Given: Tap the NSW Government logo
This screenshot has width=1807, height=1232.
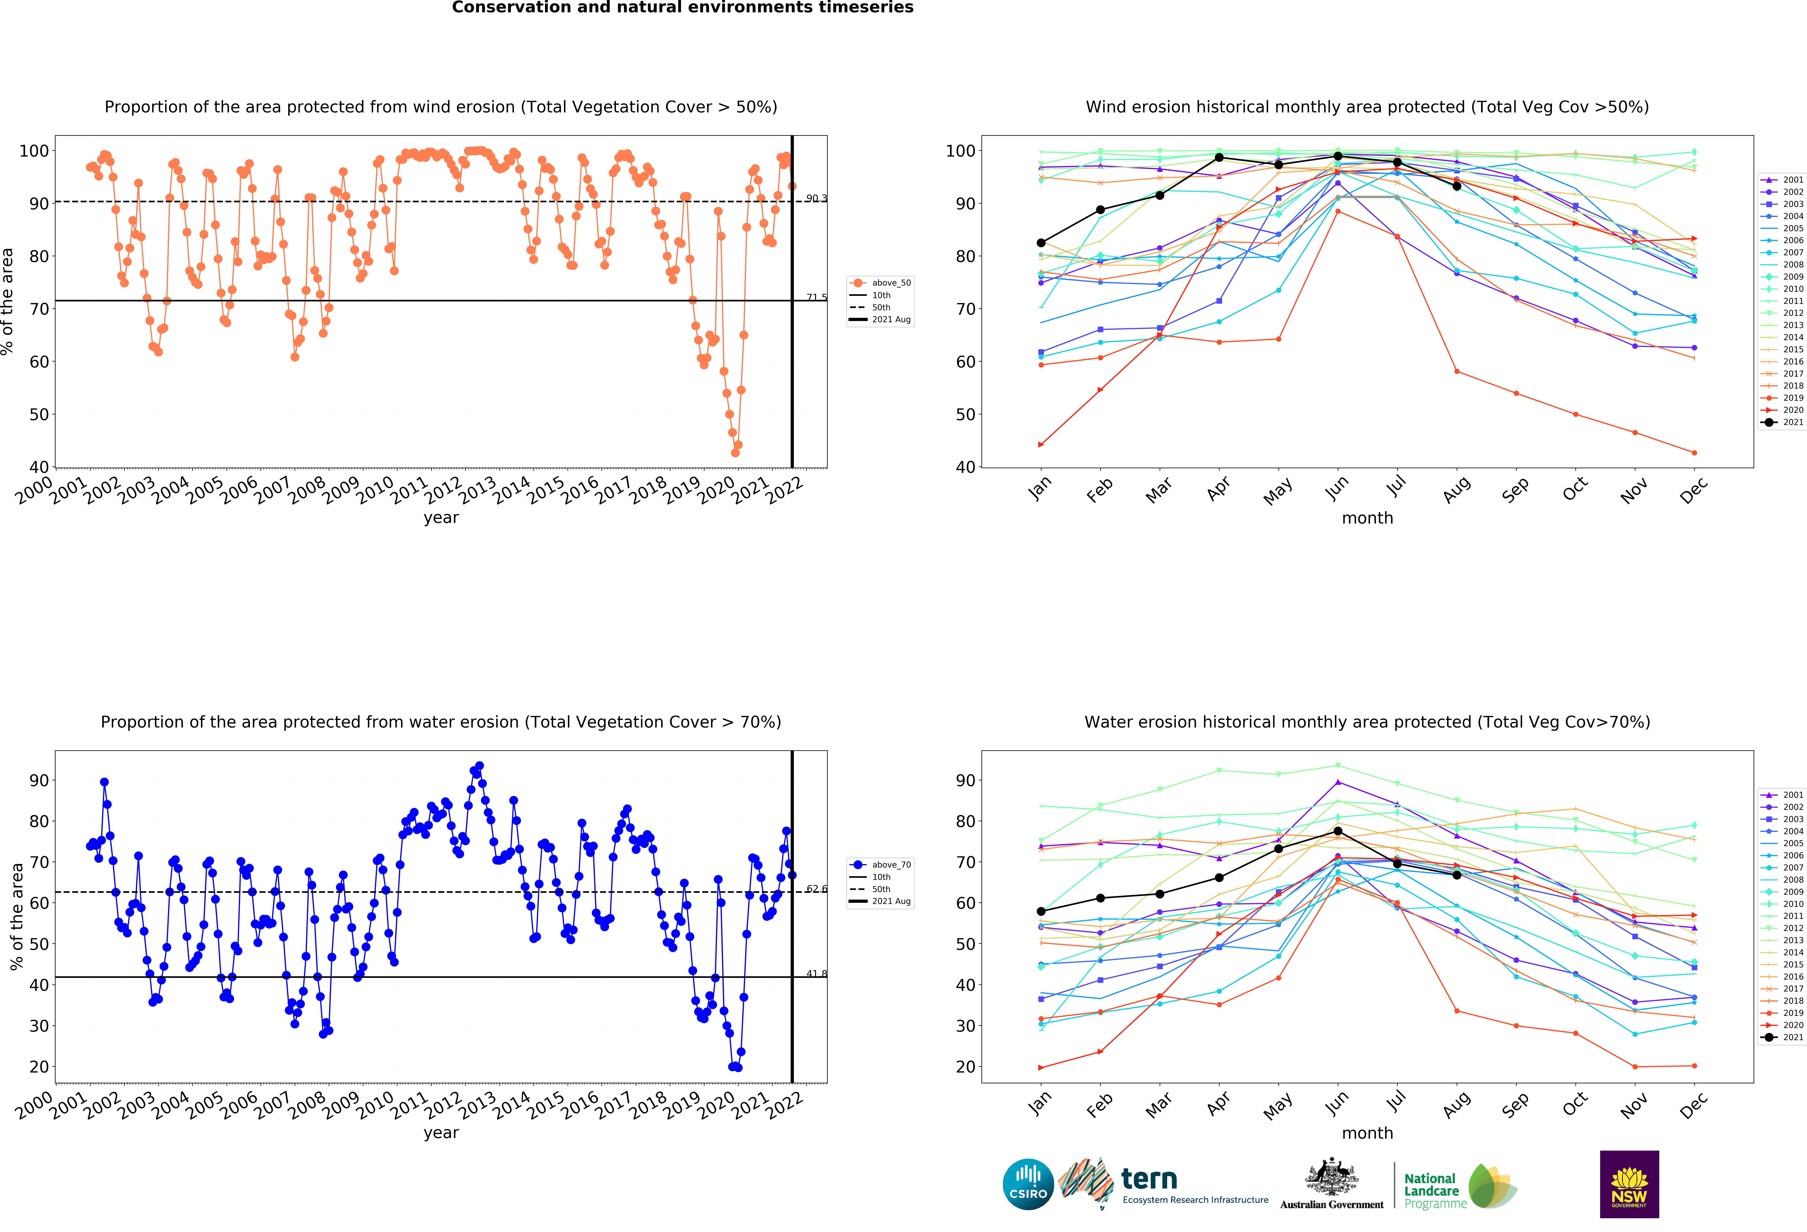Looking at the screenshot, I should tap(1629, 1184).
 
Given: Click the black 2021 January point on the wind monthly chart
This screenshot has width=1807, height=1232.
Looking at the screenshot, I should tap(1041, 243).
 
